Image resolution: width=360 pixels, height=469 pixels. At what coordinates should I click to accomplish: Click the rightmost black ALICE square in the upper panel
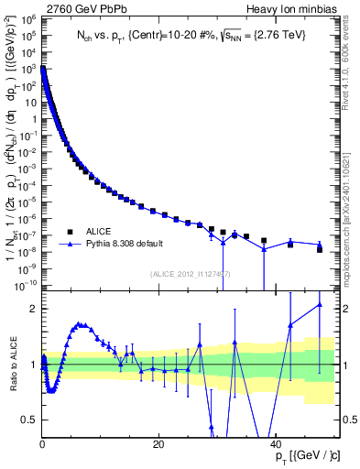[320, 249]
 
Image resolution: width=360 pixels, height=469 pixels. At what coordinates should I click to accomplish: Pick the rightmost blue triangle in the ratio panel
[320, 305]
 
